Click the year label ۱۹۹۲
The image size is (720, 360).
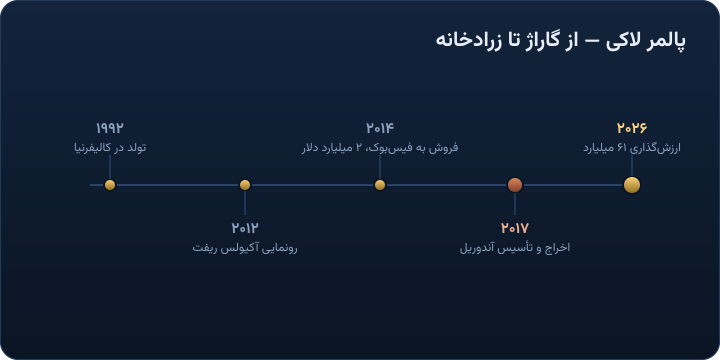pos(109,128)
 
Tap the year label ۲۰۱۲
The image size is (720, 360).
pos(245,228)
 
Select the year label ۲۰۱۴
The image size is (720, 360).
pos(380,128)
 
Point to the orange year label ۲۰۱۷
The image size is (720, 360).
pos(515,228)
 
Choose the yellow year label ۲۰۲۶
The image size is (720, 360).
pos(632,128)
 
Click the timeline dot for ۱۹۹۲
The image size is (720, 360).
pos(110,185)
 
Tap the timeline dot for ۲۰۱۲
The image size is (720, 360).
pos(245,185)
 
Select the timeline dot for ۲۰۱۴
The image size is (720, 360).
pos(380,185)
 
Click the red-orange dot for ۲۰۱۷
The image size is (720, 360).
pos(515,185)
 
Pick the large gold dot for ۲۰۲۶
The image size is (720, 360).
pos(632,185)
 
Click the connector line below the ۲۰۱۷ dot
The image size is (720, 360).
pos(515,204)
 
